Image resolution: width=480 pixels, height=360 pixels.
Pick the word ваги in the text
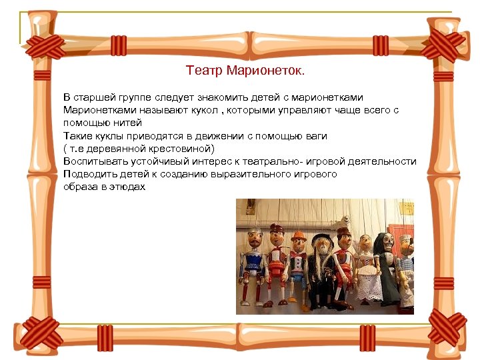coord(316,135)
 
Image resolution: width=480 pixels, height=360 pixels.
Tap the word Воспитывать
coord(94,161)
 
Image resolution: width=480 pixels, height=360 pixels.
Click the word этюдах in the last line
coord(129,187)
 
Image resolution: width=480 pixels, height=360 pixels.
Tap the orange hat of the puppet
coord(299,235)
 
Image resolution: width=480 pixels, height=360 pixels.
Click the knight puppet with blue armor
coord(254,260)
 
